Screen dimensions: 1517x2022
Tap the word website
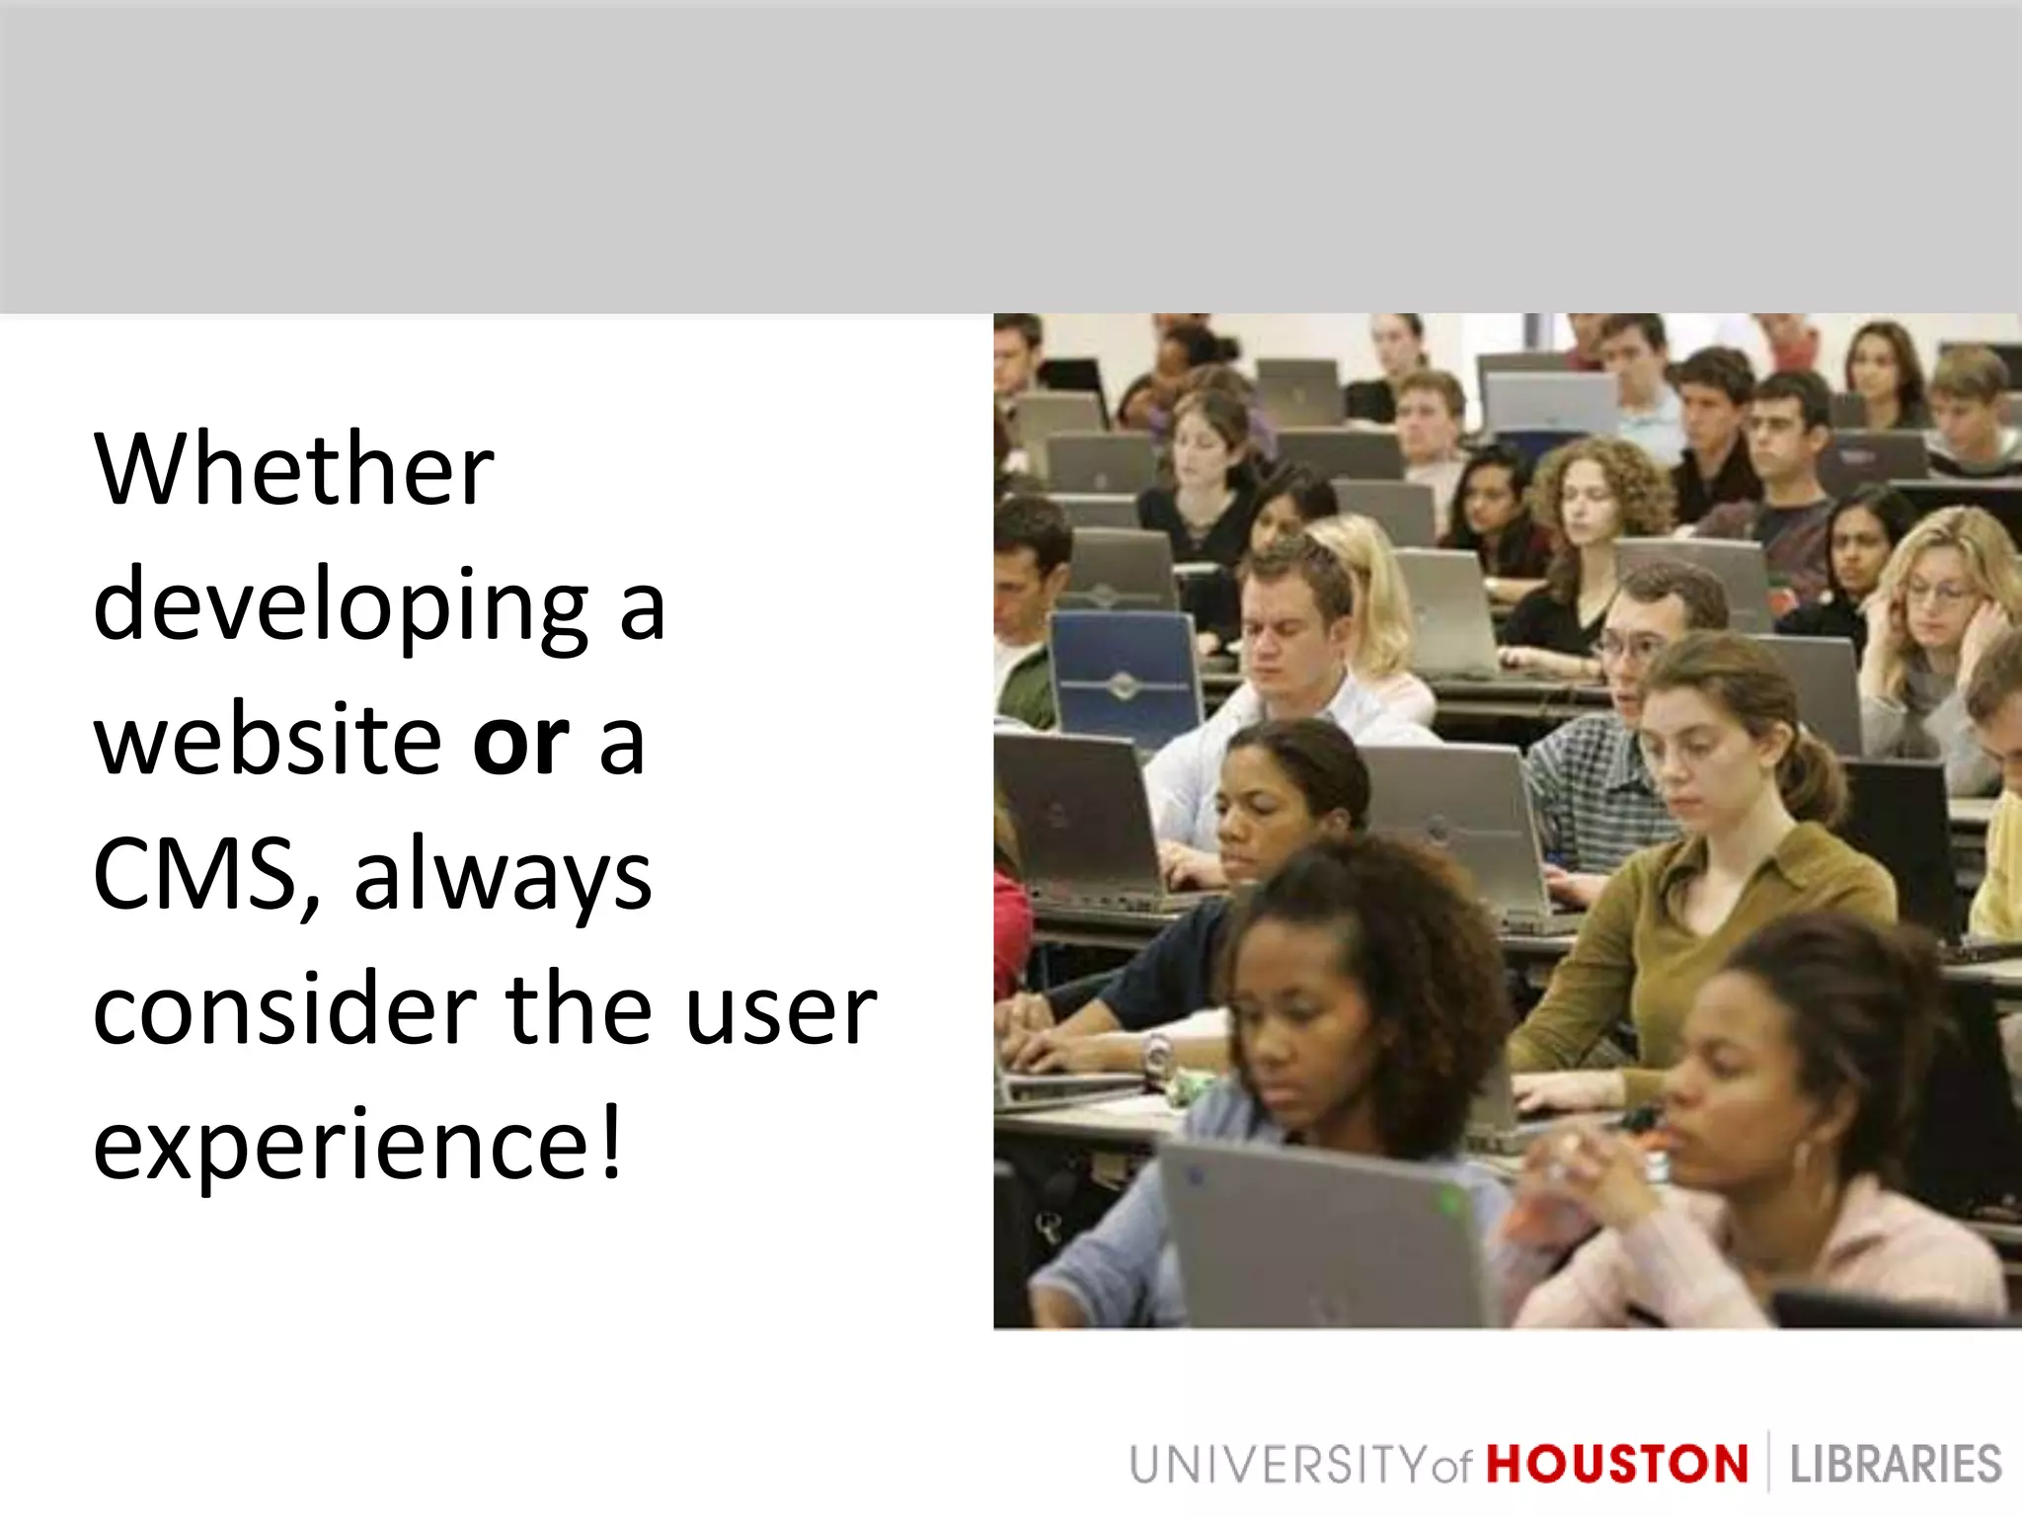(x=267, y=741)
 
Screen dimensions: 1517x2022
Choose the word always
(x=503, y=877)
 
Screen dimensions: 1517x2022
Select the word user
(x=780, y=1011)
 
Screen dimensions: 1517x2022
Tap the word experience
(x=341, y=1146)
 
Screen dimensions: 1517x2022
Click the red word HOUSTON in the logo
(x=1616, y=1464)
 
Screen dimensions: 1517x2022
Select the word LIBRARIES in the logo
(x=1895, y=1464)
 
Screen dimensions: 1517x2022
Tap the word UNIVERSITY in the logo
(x=1279, y=1464)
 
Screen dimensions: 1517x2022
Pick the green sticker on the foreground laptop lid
(x=1450, y=1202)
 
